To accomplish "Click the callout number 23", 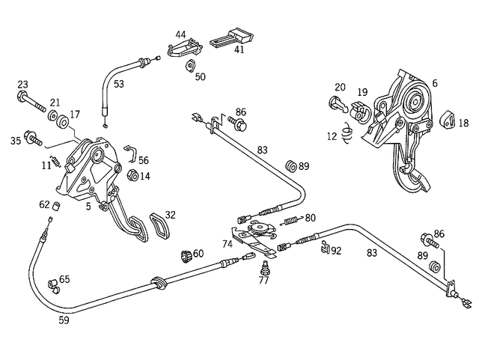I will [22, 84].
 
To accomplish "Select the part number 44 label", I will [181, 34].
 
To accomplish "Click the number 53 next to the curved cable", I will [119, 84].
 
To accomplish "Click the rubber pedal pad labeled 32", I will [157, 226].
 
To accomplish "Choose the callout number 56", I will [143, 159].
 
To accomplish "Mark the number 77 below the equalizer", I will [263, 281].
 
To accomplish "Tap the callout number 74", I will [228, 244].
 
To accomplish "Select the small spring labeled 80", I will [292, 220].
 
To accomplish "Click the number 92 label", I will [336, 251].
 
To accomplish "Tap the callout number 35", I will [16, 139].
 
